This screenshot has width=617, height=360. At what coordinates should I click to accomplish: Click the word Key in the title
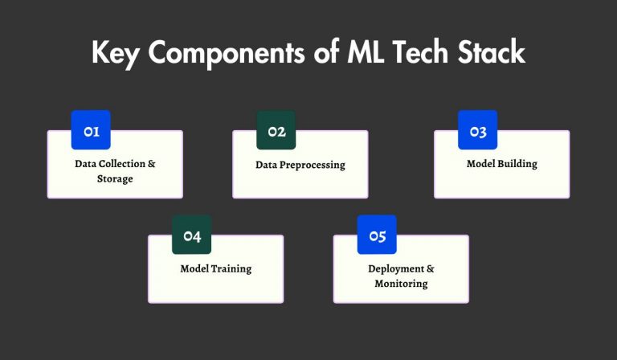point(117,53)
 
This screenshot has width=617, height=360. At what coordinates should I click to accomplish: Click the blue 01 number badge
point(91,131)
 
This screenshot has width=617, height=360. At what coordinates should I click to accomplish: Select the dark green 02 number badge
point(276,131)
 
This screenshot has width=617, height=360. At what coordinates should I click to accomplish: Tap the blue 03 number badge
point(478,131)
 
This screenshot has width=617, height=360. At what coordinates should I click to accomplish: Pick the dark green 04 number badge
point(192,235)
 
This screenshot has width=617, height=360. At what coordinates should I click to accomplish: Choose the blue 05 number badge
point(377,235)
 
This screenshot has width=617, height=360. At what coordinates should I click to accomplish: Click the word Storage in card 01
point(115,179)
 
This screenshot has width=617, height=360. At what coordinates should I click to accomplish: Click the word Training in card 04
point(231,268)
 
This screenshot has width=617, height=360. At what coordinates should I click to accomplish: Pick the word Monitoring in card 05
point(401,284)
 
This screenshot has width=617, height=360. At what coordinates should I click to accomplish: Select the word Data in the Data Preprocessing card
point(266,165)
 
